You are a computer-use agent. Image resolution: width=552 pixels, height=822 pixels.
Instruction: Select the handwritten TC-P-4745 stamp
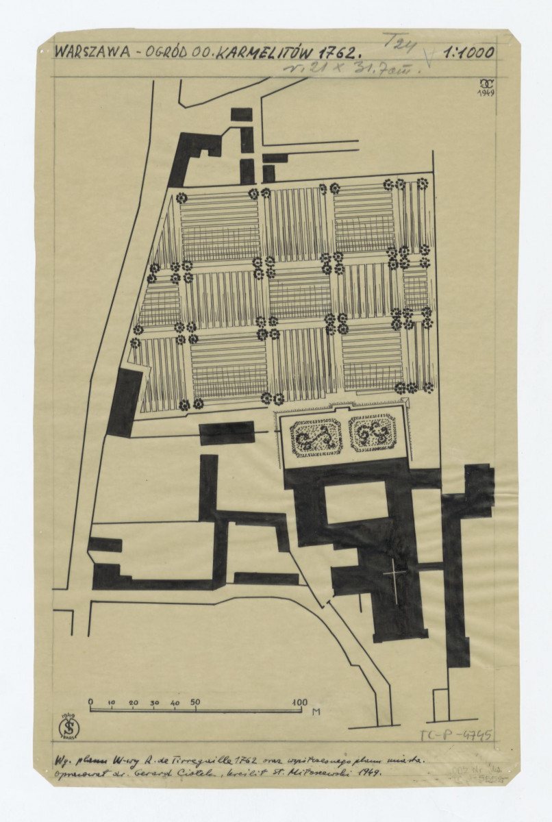click(x=456, y=736)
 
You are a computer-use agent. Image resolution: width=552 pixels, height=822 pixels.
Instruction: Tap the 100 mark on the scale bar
click(x=299, y=702)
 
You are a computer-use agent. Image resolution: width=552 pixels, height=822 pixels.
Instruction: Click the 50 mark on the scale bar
click(x=195, y=702)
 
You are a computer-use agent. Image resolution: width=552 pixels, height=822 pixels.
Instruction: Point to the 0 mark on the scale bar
click(x=90, y=702)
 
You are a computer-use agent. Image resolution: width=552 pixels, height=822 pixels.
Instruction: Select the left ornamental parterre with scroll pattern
click(x=316, y=437)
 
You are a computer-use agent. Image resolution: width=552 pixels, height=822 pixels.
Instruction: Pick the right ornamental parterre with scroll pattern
click(x=373, y=432)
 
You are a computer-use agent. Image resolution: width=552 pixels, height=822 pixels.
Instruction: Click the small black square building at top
click(x=241, y=114)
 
